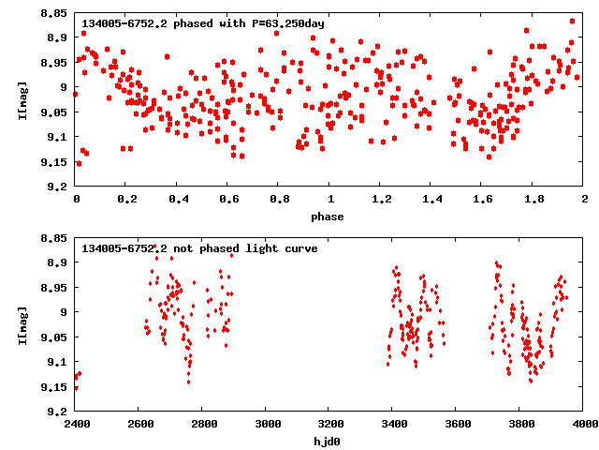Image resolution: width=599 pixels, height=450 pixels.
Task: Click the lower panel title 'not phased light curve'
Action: click(x=198, y=248)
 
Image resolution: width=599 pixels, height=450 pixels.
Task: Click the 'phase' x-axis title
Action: click(x=328, y=217)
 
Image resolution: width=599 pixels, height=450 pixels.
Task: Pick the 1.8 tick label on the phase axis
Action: click(x=533, y=200)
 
